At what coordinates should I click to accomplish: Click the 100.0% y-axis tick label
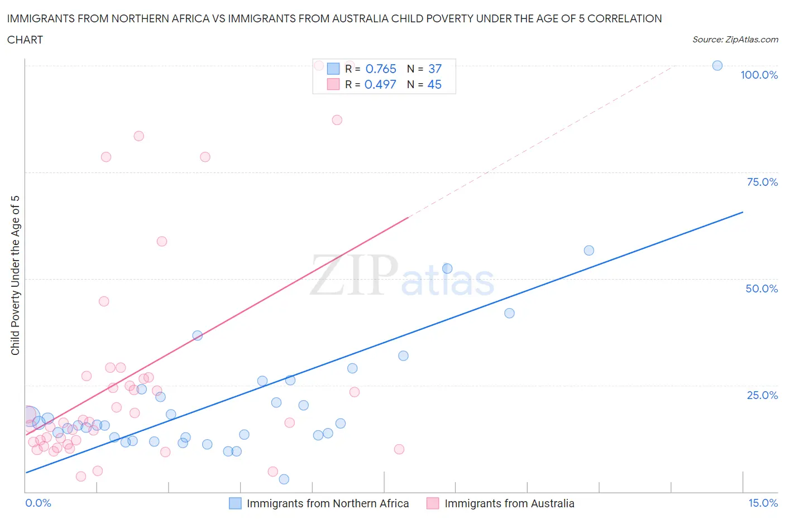pos(759,75)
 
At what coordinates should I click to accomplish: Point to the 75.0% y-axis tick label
pos(762,182)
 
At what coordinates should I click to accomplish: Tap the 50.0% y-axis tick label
pos(762,289)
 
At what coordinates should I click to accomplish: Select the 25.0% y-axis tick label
pos(762,395)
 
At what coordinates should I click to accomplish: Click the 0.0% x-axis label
pos(38,503)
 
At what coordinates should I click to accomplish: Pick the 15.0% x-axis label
pos(763,503)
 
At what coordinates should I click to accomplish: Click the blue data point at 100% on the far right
pos(717,66)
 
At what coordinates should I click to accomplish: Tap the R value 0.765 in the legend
pos(381,69)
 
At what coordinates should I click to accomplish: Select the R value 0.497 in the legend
pos(380,84)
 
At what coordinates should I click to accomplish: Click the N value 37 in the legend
pos(435,69)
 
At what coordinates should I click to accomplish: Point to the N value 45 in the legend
pos(434,84)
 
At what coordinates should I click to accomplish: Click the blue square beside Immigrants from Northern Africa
pos(236,503)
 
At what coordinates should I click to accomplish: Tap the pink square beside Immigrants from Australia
pos(433,503)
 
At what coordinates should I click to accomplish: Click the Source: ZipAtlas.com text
pos(735,40)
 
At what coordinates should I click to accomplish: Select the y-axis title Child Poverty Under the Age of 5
pos(15,275)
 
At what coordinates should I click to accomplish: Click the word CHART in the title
pos(25,40)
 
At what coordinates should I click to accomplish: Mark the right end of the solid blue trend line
pos(743,212)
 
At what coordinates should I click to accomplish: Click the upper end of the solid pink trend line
pos(409,218)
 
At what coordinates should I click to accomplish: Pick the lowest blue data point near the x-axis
pos(284,479)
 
